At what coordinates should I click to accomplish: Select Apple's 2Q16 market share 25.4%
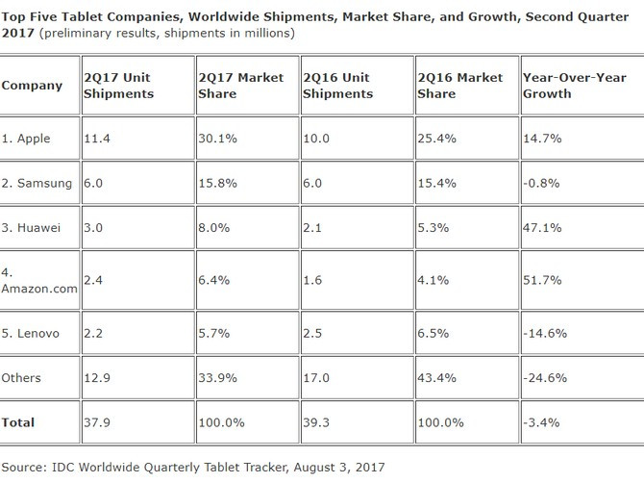(x=436, y=139)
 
